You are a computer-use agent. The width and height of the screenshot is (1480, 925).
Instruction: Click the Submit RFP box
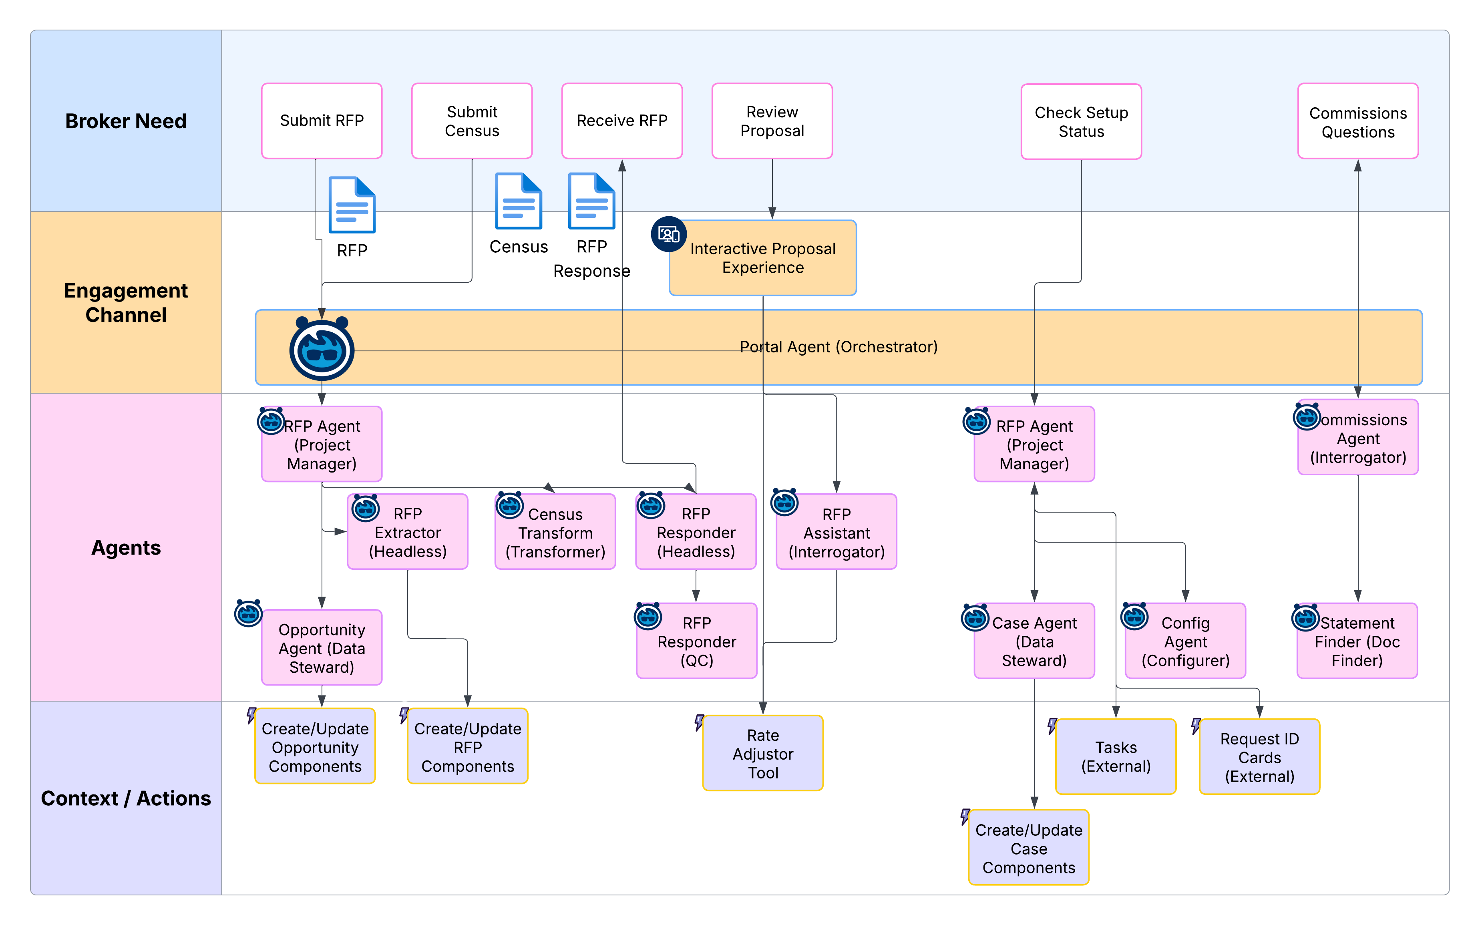point(322,121)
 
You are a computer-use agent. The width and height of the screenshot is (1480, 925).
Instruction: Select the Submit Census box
point(472,121)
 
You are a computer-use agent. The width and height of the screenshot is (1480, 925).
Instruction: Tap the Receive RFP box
point(621,121)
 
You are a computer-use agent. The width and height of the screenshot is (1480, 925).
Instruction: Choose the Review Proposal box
point(772,121)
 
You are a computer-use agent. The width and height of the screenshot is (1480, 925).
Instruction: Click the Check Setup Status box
point(1081,122)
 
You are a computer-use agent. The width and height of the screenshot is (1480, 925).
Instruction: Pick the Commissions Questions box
point(1358,122)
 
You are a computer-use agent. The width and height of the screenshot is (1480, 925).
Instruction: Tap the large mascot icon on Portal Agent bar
point(322,349)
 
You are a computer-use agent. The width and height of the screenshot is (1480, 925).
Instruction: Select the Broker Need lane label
point(126,121)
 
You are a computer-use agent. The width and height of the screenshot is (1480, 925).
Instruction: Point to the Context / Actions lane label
point(126,798)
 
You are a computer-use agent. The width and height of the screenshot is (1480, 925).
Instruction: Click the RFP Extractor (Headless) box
point(408,532)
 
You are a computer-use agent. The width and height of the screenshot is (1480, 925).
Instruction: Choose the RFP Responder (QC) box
point(697,641)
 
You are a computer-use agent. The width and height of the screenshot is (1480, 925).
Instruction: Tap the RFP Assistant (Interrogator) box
point(836,532)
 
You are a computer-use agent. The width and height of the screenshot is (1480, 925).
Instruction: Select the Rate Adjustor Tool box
point(763,754)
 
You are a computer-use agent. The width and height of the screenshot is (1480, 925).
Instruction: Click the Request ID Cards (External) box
point(1259,757)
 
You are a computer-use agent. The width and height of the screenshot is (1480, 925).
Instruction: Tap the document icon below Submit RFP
point(352,205)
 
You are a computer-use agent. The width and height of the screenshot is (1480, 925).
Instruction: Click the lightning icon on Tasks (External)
point(1051,726)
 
